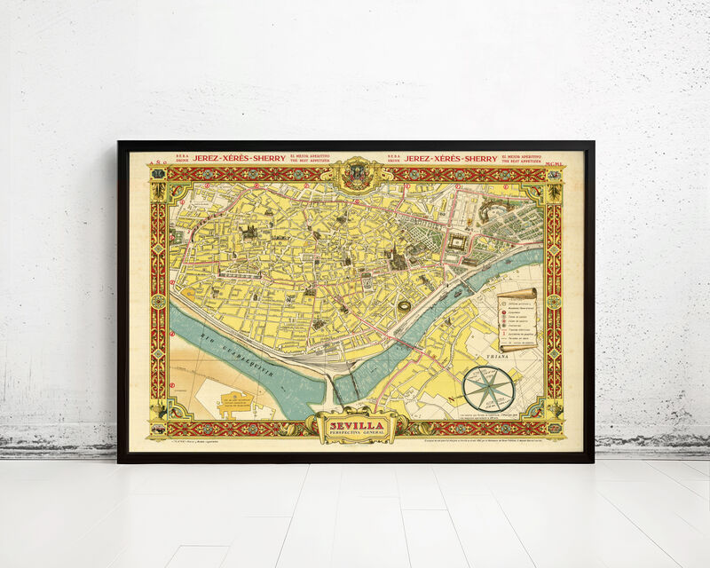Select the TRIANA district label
point(526,348)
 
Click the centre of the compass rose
point(488,389)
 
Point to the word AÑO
point(159,162)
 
